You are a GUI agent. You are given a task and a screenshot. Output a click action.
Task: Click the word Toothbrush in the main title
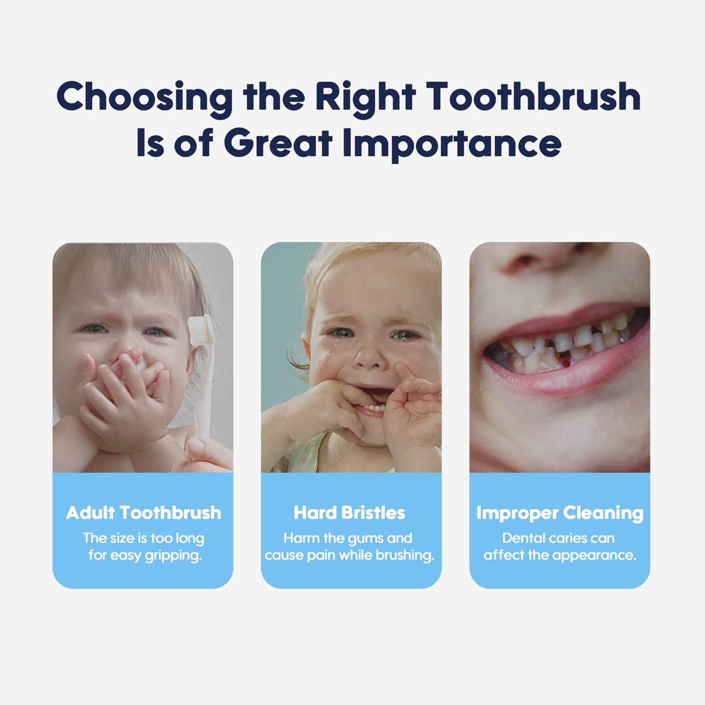533,96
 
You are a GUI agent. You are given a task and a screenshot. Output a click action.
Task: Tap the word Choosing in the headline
144,99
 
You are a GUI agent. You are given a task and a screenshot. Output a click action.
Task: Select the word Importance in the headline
452,144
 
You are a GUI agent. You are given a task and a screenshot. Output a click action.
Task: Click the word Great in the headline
278,142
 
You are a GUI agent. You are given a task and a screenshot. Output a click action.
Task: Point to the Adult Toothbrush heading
143,513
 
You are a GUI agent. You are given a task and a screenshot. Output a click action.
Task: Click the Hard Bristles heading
349,513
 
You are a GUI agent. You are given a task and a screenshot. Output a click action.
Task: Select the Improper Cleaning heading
560,514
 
